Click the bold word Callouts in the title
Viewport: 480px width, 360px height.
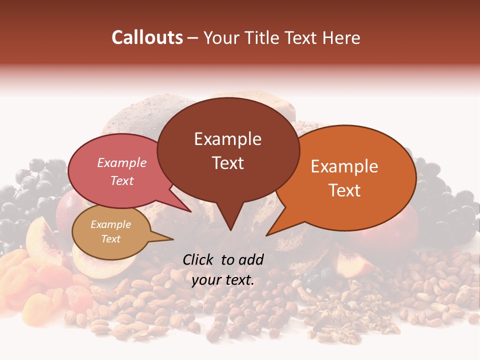coord(147,37)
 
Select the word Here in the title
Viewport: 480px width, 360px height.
coord(342,37)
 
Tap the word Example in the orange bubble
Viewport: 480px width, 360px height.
coord(344,166)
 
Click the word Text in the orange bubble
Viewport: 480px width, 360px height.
coord(344,190)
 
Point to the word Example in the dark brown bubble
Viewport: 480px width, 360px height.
coord(227,139)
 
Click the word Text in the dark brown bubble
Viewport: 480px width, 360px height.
coord(227,162)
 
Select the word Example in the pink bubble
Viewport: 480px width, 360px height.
coord(122,162)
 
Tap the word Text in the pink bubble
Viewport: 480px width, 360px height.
coord(122,180)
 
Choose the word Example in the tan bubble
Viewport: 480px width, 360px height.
coord(111,224)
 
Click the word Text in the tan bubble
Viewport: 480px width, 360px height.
coord(111,238)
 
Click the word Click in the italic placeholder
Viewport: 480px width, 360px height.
coord(198,259)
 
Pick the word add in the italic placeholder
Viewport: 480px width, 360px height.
coord(252,259)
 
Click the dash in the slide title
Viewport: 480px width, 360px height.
coord(193,37)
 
